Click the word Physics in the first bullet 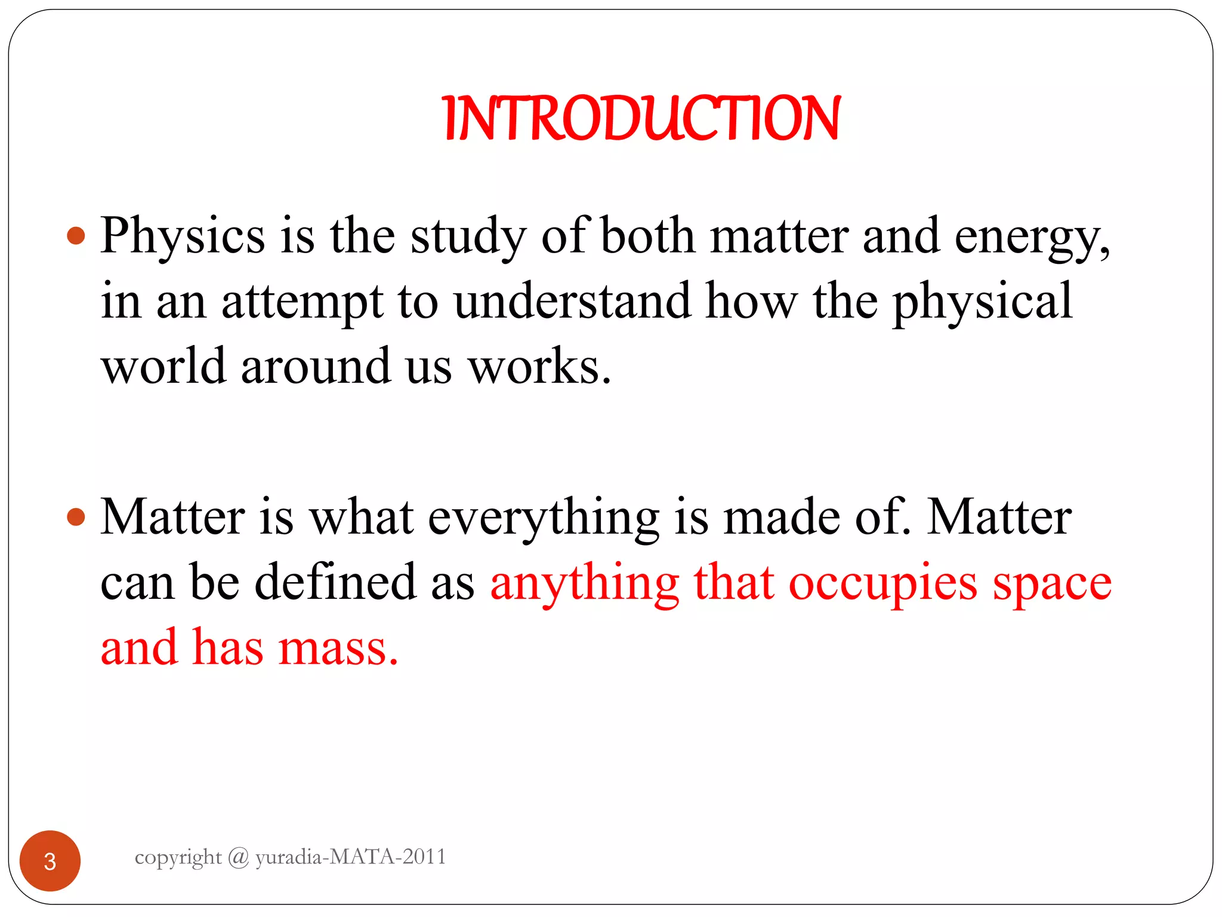182,236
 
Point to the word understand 572,301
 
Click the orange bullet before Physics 76,236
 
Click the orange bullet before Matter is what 76,516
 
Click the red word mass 338,648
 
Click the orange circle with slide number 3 50,860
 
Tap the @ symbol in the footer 239,857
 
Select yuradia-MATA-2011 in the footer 351,857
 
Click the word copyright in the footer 178,858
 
